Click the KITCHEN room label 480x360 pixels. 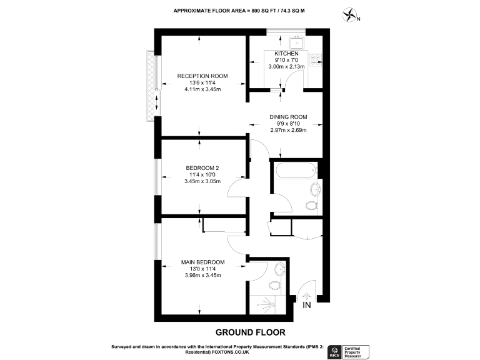(277, 54)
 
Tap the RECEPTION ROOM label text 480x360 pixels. (202, 76)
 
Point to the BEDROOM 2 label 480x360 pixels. (202, 167)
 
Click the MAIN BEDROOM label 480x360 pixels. (202, 262)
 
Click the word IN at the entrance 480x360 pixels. (307, 306)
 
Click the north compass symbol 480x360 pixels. (350, 14)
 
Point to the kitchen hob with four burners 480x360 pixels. (317, 60)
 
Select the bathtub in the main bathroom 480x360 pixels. (294, 169)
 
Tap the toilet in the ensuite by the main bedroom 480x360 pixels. (274, 286)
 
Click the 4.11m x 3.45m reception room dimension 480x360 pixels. (202, 89)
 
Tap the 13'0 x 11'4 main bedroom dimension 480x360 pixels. (202, 269)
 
